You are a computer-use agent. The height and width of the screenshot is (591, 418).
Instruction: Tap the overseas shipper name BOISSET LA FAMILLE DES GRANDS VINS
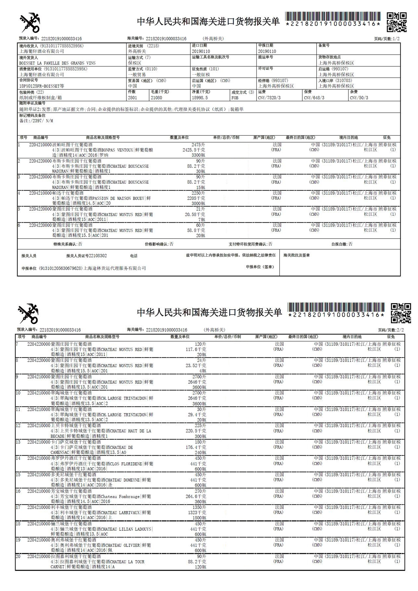(57, 63)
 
